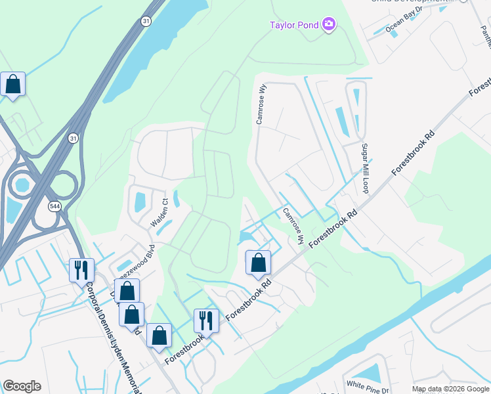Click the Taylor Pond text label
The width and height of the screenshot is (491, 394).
point(294,26)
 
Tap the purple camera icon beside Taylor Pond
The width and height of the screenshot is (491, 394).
point(329,26)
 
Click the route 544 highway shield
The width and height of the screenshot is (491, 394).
point(54,206)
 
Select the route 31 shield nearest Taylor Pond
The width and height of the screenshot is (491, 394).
point(145,22)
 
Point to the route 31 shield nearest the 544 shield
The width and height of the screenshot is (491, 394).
point(73,138)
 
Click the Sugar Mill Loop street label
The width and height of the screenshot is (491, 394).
point(364,168)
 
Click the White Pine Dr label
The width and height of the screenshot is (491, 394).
point(368,386)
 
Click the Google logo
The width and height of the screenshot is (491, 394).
point(22,386)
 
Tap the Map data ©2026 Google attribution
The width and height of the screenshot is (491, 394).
point(450,389)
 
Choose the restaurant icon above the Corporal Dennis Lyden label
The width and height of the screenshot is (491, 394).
point(81,269)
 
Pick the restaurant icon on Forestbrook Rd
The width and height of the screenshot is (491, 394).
point(206,320)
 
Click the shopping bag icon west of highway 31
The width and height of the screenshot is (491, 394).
point(12,84)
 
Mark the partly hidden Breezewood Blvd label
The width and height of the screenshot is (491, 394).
point(136,259)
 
